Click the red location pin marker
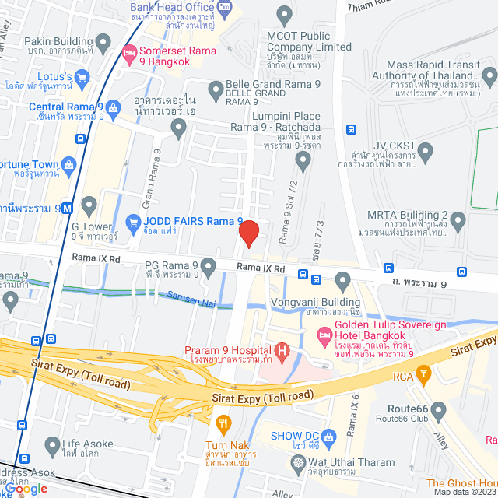(248, 233)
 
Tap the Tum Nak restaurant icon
(224, 424)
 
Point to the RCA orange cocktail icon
(423, 377)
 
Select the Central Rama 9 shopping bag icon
(113, 107)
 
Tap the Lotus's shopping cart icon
(83, 76)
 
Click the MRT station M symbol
(68, 208)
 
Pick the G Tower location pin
(89, 207)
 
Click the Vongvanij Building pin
(342, 280)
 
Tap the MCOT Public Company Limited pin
(284, 13)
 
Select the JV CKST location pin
(426, 150)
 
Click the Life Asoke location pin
(53, 447)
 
